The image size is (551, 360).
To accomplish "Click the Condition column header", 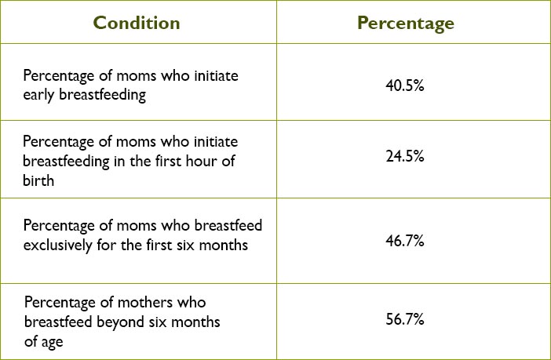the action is click(137, 24).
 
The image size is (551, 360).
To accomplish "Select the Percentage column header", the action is click(406, 24).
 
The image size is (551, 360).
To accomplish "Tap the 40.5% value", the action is click(405, 85).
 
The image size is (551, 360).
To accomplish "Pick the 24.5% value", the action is click(405, 156).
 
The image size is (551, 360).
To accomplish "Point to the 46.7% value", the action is click(405, 241).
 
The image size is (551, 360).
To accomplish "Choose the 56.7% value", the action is click(405, 319).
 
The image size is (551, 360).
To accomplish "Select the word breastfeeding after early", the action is click(102, 96).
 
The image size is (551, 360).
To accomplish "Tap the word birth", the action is click(38, 180).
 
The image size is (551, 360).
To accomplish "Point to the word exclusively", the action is click(57, 245).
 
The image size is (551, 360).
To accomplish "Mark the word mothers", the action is click(144, 303).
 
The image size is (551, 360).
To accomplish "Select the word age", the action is click(52, 343).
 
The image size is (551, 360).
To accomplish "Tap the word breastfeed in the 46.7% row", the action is click(228, 225).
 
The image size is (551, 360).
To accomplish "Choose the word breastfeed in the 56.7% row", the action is click(58, 322).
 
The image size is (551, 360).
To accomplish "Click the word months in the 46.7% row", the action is click(224, 245).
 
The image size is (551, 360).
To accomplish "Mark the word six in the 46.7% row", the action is click(185, 245).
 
